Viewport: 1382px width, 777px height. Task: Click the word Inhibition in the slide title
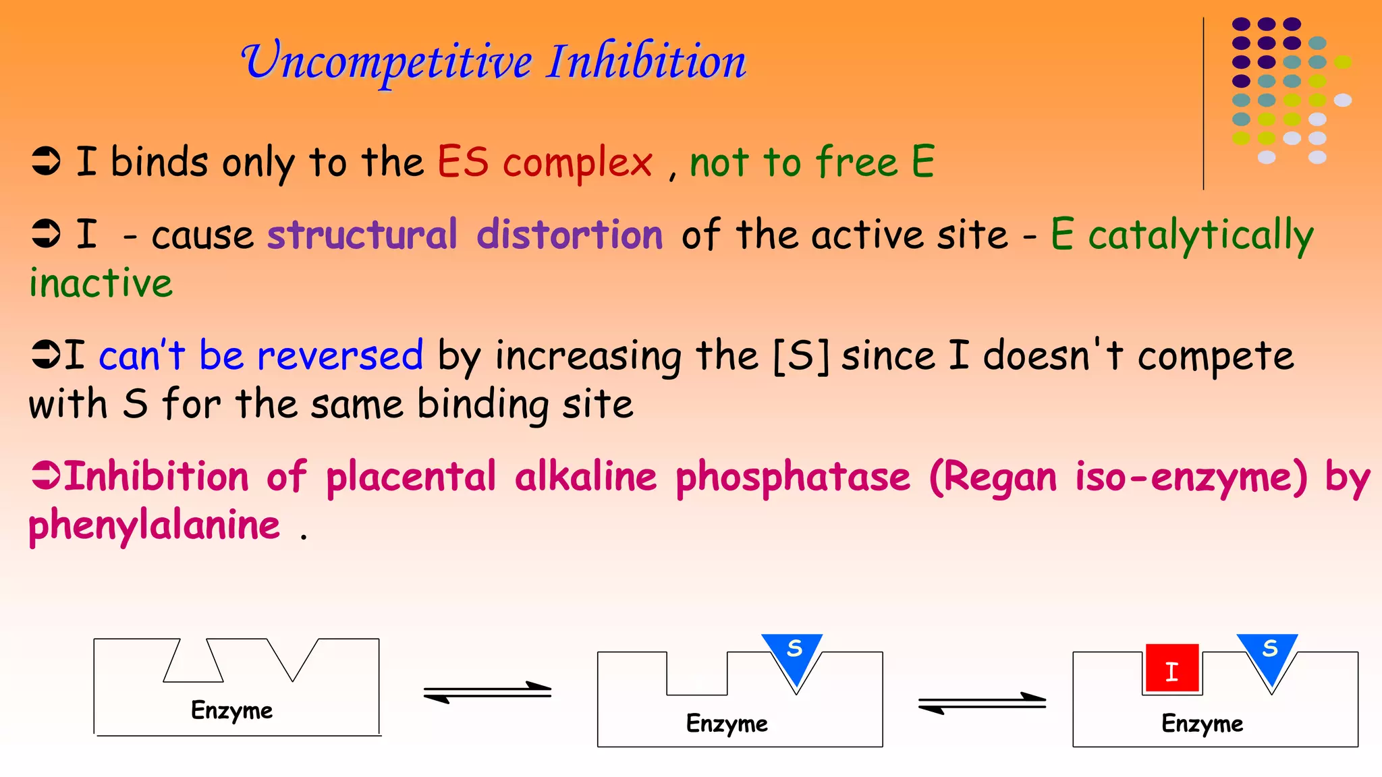tap(646, 62)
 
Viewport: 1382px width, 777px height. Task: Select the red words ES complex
tap(544, 163)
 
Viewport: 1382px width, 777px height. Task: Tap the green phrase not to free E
tap(811, 163)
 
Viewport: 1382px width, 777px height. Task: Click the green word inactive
tap(101, 283)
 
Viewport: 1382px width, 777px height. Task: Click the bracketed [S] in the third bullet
tap(800, 355)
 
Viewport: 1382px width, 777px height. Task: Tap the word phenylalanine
tap(154, 525)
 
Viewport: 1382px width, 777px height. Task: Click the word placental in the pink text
tap(411, 477)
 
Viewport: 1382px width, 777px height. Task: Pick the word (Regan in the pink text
tap(993, 477)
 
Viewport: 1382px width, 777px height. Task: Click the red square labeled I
tap(1172, 670)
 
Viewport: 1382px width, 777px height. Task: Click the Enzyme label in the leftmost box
tap(231, 710)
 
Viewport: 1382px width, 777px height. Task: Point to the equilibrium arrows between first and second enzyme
tap(487, 692)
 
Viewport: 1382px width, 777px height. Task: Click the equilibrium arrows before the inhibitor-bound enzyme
tap(982, 703)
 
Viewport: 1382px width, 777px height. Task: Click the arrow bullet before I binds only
tap(46, 162)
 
